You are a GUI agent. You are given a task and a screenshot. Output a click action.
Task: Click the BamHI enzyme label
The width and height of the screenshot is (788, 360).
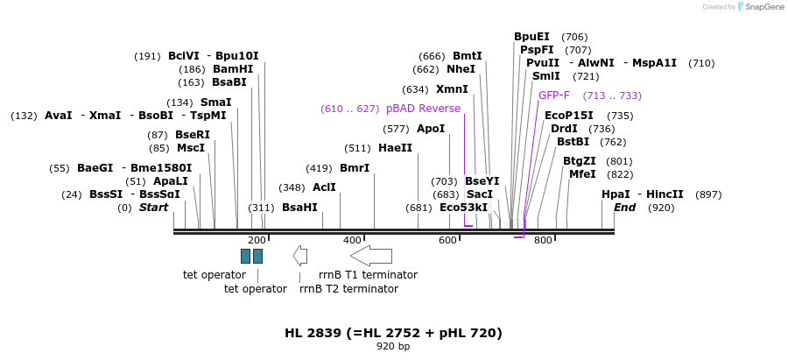(233, 69)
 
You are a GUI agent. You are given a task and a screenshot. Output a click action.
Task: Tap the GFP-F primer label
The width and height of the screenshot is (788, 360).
(554, 95)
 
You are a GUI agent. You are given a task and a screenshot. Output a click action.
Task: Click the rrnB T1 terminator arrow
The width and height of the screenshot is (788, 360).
(371, 255)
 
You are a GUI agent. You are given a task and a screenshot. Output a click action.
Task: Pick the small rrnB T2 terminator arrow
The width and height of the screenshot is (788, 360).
(300, 255)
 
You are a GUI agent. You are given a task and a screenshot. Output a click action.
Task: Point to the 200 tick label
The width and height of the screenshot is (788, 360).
(257, 240)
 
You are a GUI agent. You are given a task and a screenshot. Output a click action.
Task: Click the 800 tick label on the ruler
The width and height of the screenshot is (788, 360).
(543, 240)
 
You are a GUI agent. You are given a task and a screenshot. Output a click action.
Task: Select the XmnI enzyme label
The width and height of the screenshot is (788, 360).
(452, 89)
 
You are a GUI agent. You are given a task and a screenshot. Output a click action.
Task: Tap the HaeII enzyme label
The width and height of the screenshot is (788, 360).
(395, 148)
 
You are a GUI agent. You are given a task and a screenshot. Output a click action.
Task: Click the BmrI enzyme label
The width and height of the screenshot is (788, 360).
(355, 168)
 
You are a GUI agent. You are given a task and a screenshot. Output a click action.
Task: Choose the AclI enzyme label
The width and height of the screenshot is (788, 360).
(324, 187)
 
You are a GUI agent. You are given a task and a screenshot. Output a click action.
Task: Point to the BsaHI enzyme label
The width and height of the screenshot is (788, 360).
(299, 208)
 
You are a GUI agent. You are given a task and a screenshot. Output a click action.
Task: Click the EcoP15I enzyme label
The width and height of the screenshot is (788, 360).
(569, 116)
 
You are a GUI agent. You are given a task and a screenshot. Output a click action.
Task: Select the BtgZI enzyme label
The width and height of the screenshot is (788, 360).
(580, 161)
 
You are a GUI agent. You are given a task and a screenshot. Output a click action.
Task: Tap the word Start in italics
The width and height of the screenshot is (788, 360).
(153, 208)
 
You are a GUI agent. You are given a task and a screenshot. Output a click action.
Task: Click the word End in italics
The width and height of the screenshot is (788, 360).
(625, 208)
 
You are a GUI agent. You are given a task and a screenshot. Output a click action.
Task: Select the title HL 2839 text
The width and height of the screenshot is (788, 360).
(393, 333)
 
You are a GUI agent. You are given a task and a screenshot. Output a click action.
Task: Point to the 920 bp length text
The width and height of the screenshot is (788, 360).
(393, 347)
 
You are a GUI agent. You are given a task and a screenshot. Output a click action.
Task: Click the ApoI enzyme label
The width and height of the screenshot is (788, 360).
(431, 129)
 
